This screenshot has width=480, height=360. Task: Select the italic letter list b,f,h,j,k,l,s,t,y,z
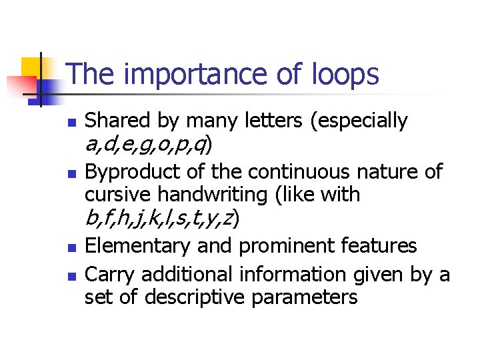point(162,218)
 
